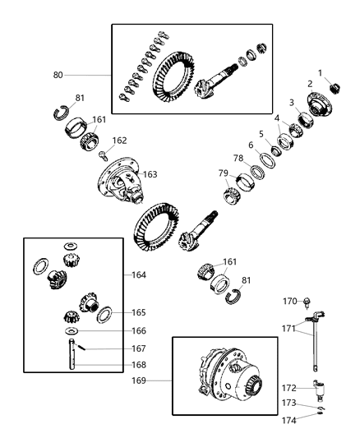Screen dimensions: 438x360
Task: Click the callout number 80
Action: (x=58, y=76)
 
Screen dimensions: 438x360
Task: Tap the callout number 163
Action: (x=150, y=174)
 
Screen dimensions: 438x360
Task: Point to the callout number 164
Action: (x=138, y=274)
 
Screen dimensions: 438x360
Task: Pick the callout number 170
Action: (x=289, y=300)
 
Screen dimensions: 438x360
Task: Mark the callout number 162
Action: (x=120, y=141)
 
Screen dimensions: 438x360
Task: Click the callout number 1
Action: (x=321, y=72)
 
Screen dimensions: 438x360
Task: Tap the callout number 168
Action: (x=139, y=365)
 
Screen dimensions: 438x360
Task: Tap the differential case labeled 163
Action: (x=123, y=184)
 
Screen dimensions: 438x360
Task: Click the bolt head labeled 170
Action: (x=307, y=302)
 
